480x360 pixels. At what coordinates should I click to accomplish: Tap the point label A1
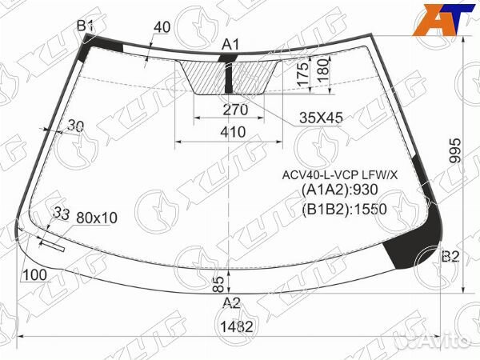[230, 45]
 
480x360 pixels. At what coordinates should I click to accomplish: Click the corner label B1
[86, 27]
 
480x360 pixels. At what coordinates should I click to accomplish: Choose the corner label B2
[450, 256]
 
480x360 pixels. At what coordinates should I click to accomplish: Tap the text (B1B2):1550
[344, 210]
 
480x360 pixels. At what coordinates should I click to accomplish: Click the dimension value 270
[235, 110]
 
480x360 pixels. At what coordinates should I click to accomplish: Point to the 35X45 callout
[321, 118]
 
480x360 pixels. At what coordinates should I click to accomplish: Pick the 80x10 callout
[97, 217]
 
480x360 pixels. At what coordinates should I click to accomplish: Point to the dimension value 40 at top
[162, 27]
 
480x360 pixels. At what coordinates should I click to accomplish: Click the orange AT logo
[439, 22]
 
